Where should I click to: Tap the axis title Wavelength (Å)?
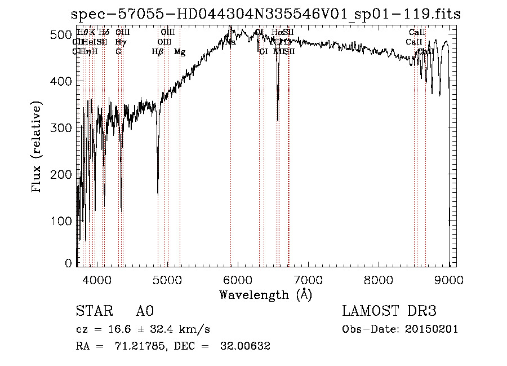click(x=265, y=294)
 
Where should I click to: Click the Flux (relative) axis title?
click(x=38, y=148)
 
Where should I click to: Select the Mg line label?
click(x=180, y=52)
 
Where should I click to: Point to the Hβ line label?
click(x=158, y=52)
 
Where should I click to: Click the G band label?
click(x=118, y=52)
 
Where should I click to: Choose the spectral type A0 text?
click(x=145, y=311)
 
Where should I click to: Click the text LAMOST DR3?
click(x=389, y=311)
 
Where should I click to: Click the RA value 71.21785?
click(x=127, y=346)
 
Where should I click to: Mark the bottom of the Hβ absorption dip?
click(x=157, y=195)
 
